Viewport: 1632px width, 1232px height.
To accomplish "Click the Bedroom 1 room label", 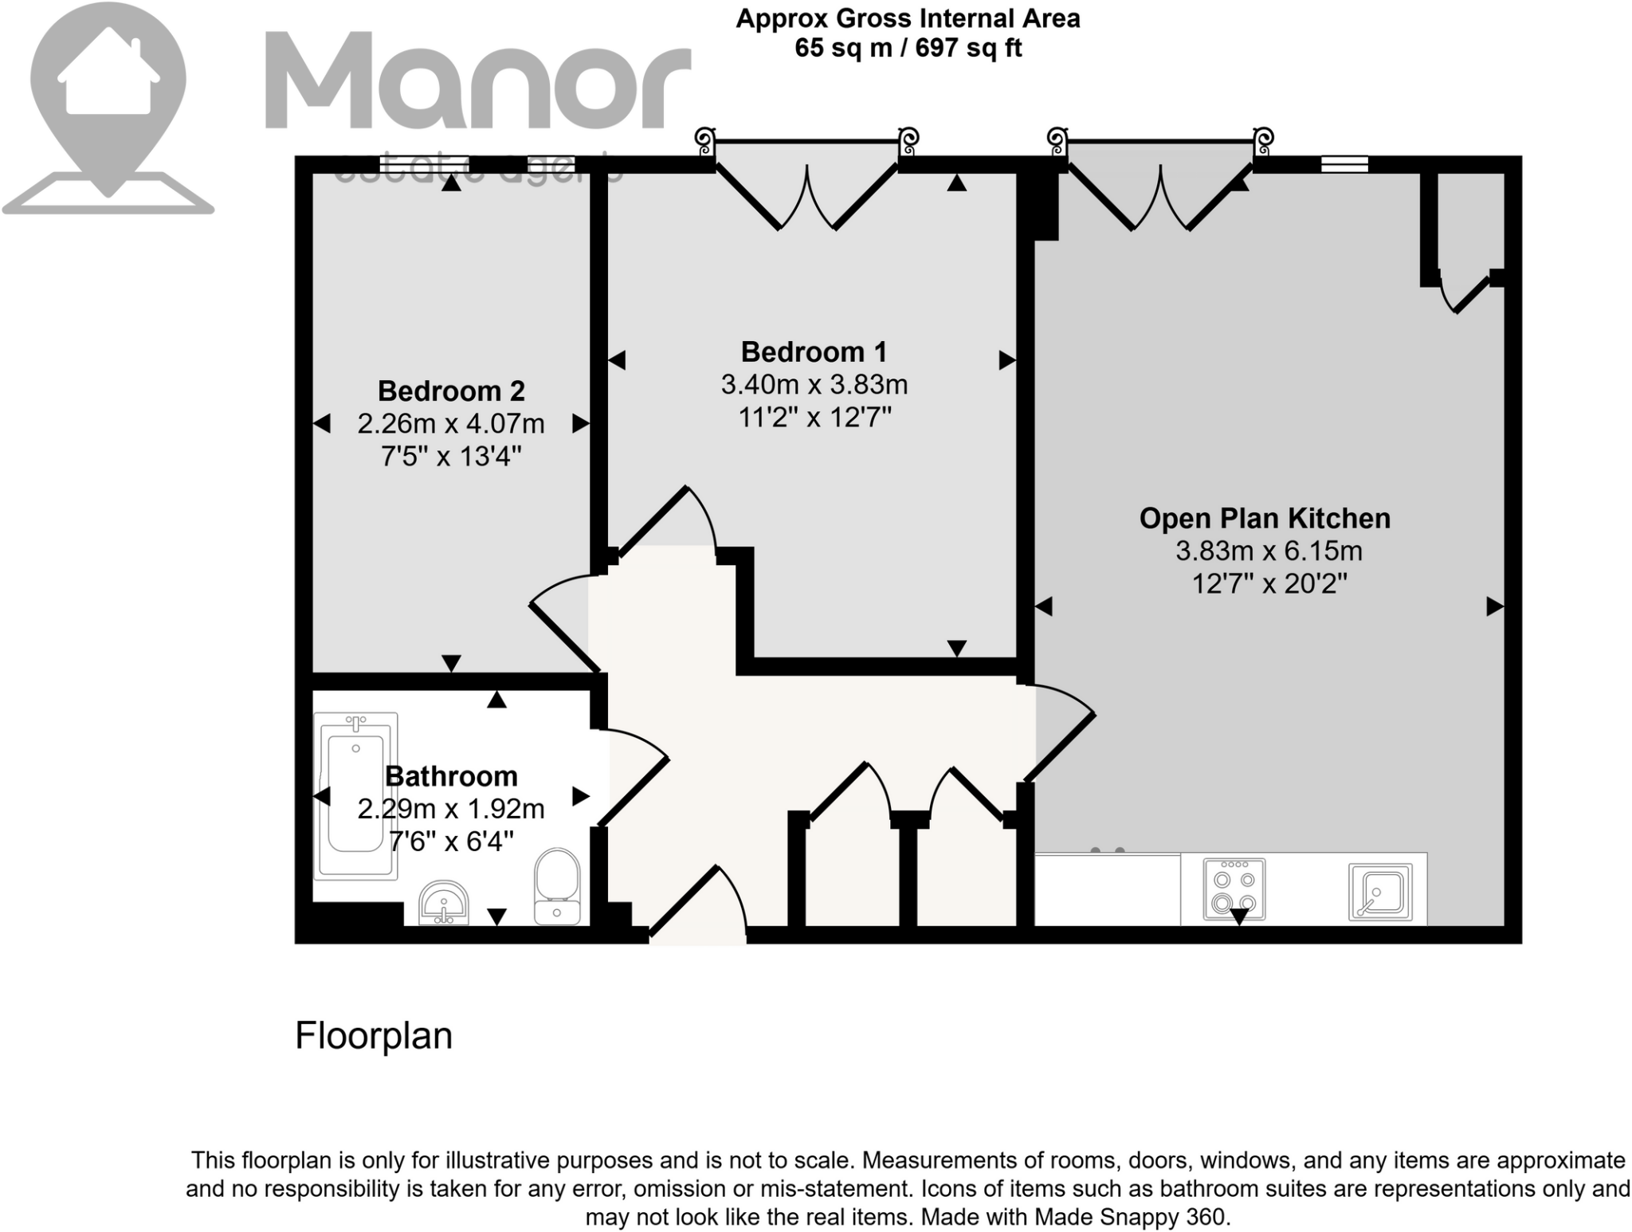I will (x=814, y=351).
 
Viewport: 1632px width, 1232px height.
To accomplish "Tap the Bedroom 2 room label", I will (x=451, y=390).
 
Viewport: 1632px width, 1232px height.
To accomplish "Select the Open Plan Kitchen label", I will (x=1265, y=518).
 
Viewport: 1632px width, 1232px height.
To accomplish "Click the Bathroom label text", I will (x=451, y=775).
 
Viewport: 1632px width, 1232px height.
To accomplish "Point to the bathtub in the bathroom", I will (x=355, y=796).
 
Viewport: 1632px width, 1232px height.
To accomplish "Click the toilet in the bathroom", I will (x=557, y=885).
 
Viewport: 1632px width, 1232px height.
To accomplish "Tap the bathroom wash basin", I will (x=444, y=902).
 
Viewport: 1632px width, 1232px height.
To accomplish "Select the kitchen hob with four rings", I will (x=1234, y=889).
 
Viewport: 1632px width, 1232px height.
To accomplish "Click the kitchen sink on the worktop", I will (x=1380, y=892).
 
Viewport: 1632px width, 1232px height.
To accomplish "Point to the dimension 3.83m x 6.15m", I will (x=1269, y=551).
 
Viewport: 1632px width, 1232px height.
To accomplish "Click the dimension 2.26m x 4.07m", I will (x=451, y=423).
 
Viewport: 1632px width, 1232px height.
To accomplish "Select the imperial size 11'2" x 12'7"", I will (x=814, y=417).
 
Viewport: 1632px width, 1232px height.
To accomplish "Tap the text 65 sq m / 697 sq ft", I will (x=908, y=48).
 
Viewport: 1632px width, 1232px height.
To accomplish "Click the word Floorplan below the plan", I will (x=373, y=1036).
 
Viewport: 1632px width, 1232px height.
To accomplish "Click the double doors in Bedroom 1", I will (x=807, y=195).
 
